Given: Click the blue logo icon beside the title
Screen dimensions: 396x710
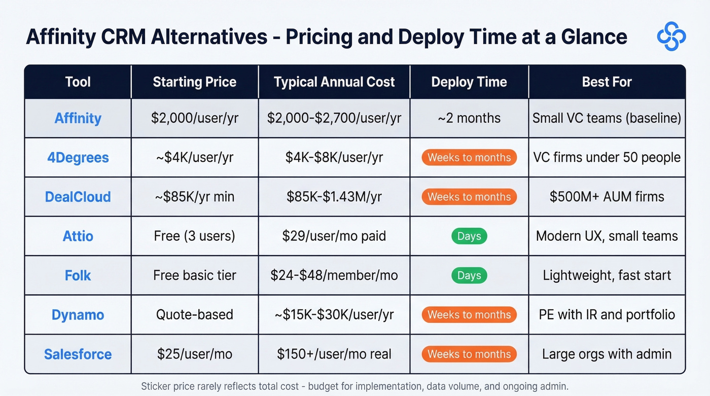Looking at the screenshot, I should [x=671, y=36].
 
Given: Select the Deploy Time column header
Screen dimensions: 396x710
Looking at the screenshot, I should [x=469, y=82].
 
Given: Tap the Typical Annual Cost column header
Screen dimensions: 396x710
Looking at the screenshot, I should [x=334, y=82].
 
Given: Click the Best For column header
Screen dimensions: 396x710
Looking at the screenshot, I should [x=607, y=82].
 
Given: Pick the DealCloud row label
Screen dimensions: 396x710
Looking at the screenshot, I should [x=78, y=197].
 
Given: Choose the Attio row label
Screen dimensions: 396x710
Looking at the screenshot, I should [x=78, y=236].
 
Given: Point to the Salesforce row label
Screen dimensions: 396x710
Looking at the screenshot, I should [x=78, y=354].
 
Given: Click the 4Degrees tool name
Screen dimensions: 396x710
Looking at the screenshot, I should [x=78, y=158].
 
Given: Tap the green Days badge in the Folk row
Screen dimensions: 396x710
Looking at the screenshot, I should [x=469, y=275].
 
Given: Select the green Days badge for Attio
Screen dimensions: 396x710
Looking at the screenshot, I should [x=469, y=236].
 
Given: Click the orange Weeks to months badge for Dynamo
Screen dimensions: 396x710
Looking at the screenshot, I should [x=469, y=315].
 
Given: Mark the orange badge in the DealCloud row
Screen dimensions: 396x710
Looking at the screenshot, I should [x=469, y=197].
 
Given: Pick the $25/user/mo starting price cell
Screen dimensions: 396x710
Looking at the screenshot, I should [x=195, y=354].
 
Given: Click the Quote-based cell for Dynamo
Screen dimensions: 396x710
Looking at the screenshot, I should [x=195, y=315].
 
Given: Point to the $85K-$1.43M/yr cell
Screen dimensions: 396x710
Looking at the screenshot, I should [x=334, y=197].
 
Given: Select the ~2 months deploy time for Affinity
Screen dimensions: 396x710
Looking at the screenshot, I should [x=469, y=118].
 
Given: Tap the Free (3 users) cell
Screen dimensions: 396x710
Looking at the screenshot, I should [x=195, y=236].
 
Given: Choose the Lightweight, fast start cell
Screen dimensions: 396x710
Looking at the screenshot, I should [x=607, y=275].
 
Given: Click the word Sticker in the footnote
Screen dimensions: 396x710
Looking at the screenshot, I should [x=155, y=386].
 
